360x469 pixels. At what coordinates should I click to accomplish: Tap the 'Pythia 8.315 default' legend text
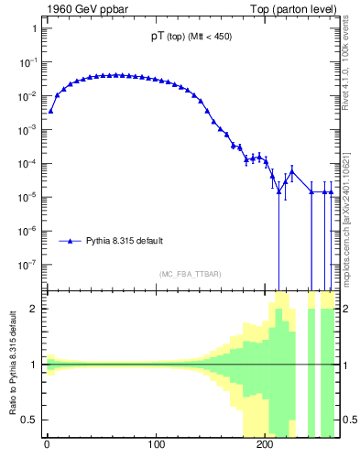[x=126, y=241]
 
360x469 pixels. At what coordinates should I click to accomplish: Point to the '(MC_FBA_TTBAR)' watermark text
[x=191, y=275]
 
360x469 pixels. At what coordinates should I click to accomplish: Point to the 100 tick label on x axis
[x=156, y=451]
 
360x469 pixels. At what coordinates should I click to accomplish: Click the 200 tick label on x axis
[x=265, y=451]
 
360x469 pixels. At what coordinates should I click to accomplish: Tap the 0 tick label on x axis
[x=47, y=451]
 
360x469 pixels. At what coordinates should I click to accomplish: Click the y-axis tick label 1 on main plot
[x=34, y=28]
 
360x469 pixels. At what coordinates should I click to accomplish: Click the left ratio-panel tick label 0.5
[x=30, y=420]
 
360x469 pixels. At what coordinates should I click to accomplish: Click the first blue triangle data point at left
[x=51, y=111]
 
